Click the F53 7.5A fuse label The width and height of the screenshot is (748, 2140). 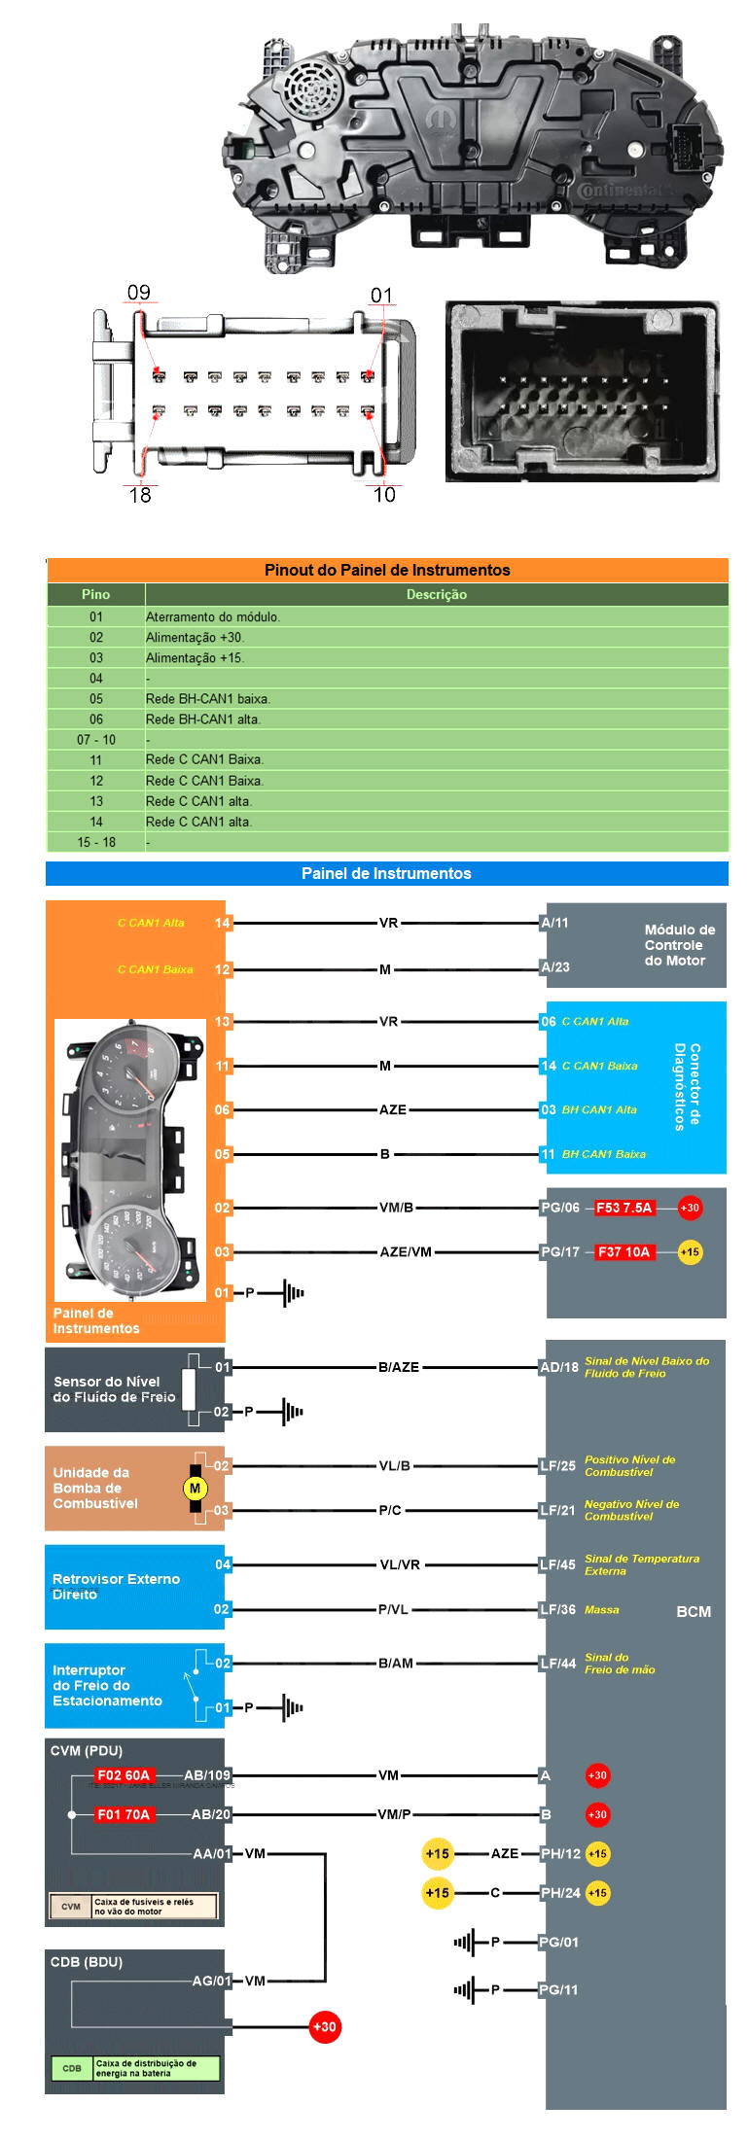point(623,1208)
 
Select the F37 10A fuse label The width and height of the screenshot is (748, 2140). point(623,1251)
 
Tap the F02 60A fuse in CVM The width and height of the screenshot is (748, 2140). point(123,1774)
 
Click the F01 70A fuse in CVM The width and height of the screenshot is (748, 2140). point(123,1814)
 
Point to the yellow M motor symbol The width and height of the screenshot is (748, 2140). point(195,1488)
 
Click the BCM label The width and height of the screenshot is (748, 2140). point(693,1611)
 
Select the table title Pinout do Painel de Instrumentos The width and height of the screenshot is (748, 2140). point(387,570)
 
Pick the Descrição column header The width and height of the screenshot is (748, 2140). point(436,594)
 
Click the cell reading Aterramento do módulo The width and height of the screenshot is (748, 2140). point(213,616)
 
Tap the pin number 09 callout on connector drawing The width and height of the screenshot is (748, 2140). point(139,293)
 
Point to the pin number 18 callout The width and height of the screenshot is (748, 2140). point(140,495)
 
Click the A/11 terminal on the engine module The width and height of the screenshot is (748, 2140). point(555,923)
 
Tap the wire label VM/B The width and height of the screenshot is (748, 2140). point(396,1208)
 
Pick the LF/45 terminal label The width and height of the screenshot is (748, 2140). point(558,1564)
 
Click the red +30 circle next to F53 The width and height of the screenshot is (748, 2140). point(690,1208)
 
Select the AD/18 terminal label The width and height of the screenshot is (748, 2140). point(559,1367)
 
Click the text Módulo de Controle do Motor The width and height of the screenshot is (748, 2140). point(679,945)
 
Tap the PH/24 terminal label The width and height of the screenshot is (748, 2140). point(560,1892)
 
